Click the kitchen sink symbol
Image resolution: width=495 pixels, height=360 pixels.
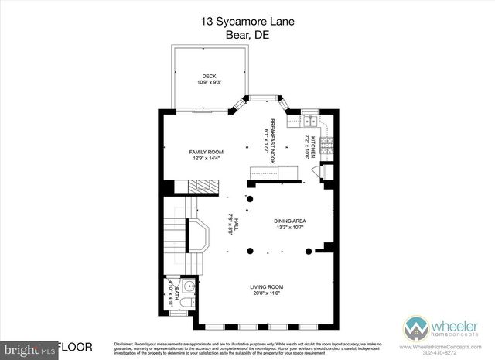coord(309,121)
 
